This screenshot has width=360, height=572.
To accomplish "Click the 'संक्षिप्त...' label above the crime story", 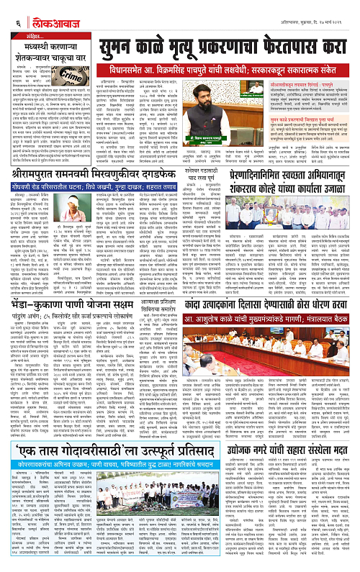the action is click(26, 35).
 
